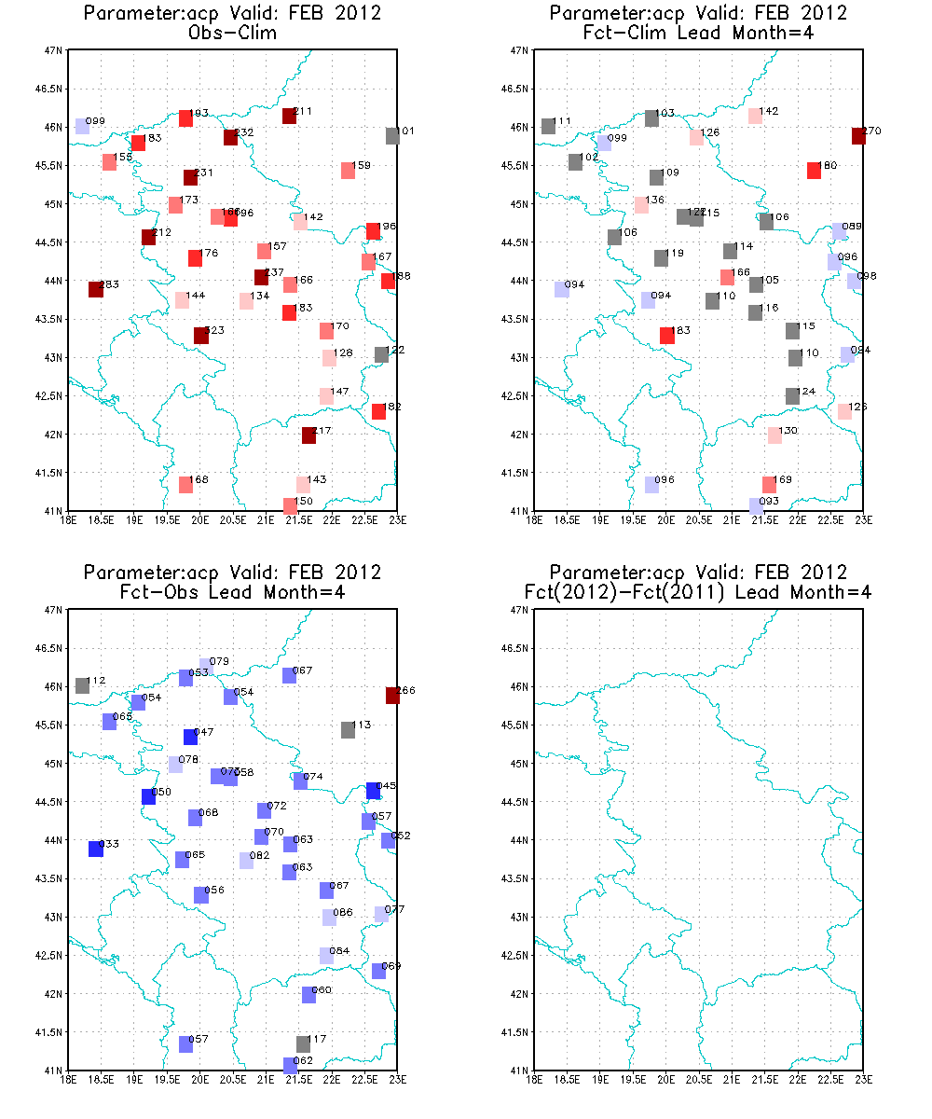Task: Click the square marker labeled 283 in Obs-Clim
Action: tap(95, 289)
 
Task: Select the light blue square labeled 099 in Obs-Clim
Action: tap(82, 127)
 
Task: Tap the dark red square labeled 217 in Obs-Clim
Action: tap(308, 435)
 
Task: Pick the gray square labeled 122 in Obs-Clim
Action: tap(381, 354)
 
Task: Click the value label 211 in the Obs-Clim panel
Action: tap(303, 112)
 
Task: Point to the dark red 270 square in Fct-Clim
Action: tap(858, 136)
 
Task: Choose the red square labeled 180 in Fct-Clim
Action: tap(814, 171)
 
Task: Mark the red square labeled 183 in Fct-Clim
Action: tap(666, 336)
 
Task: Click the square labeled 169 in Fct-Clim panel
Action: tap(769, 485)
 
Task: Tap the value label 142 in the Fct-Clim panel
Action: tap(769, 112)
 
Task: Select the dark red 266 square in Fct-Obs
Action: tap(392, 695)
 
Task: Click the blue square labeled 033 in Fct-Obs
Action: tap(95, 849)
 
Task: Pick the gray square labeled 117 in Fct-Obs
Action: tap(303, 1043)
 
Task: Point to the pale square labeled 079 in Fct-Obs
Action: tap(206, 666)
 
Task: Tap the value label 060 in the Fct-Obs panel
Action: tap(322, 990)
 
